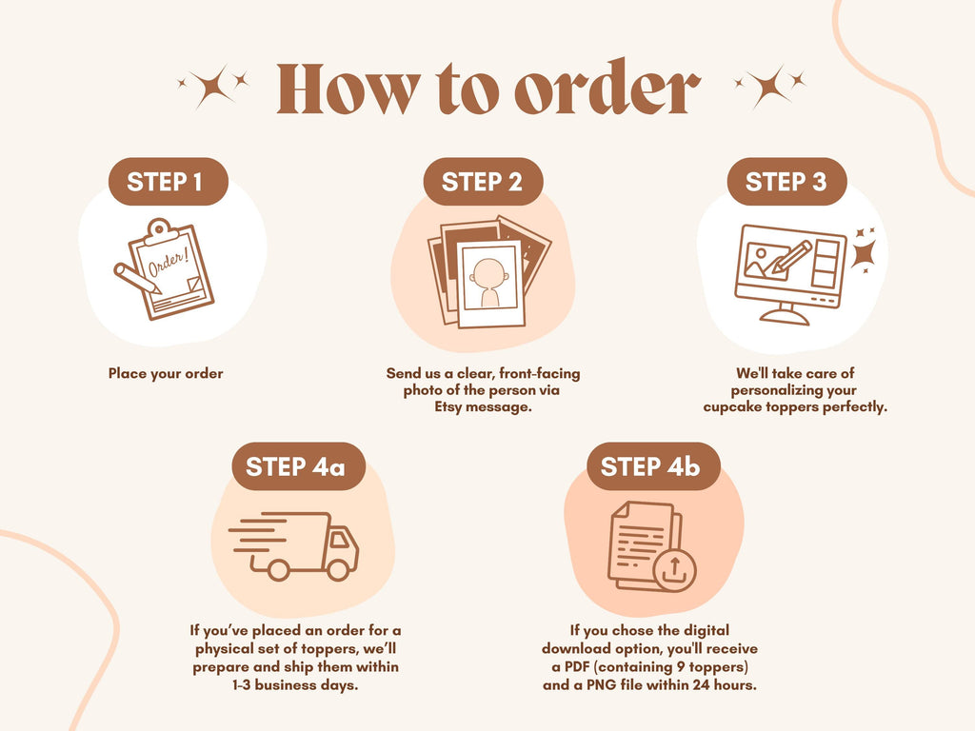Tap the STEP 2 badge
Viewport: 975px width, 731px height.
tap(483, 182)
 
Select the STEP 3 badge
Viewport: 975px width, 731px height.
tap(786, 182)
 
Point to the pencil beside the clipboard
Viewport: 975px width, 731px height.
tap(137, 278)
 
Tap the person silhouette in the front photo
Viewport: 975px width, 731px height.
tap(488, 283)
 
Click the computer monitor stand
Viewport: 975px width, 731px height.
tap(785, 313)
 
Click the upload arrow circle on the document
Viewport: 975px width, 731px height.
tap(675, 571)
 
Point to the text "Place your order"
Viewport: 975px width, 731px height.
tap(166, 373)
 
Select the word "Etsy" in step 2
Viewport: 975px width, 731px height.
tap(448, 407)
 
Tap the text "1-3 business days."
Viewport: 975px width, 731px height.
tap(295, 685)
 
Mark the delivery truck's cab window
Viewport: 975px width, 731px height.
tap(340, 539)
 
